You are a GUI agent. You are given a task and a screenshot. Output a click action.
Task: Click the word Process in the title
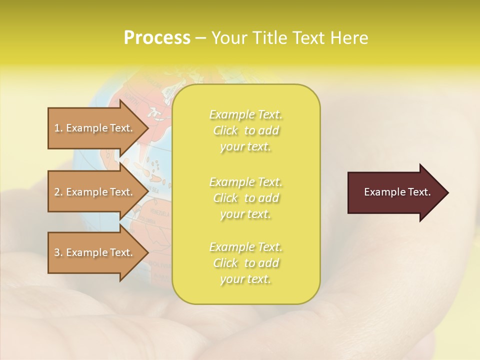click(157, 38)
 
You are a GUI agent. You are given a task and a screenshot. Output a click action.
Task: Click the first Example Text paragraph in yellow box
click(245, 130)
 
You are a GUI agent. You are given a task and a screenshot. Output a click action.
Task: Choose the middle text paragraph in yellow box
click(245, 197)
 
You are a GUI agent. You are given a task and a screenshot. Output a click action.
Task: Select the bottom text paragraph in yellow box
click(245, 263)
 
